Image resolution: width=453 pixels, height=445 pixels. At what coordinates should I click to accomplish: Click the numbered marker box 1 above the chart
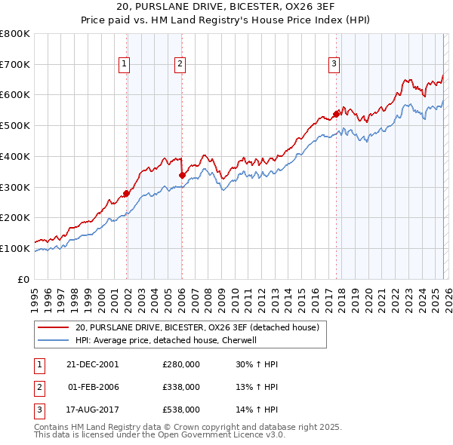click(124, 65)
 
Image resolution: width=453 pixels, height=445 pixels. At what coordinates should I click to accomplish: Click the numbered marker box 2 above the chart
click(180, 65)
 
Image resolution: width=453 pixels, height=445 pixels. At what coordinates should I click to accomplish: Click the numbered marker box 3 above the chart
click(334, 65)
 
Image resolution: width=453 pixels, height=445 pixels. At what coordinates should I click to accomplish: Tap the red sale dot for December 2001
click(126, 193)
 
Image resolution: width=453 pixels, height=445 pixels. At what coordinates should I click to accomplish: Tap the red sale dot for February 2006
click(182, 176)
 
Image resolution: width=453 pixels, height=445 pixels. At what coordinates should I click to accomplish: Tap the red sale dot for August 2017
click(336, 115)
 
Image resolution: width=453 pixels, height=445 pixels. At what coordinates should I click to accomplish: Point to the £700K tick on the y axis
click(15, 65)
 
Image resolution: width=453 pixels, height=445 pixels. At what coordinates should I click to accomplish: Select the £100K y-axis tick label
click(15, 248)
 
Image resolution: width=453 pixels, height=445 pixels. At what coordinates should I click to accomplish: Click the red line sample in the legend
click(54, 327)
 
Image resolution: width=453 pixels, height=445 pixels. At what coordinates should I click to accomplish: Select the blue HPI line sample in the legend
click(54, 340)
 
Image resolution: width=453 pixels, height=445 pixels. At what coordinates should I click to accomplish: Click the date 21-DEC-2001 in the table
click(93, 364)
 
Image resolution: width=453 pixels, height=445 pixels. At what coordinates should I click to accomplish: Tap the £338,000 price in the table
click(181, 387)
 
